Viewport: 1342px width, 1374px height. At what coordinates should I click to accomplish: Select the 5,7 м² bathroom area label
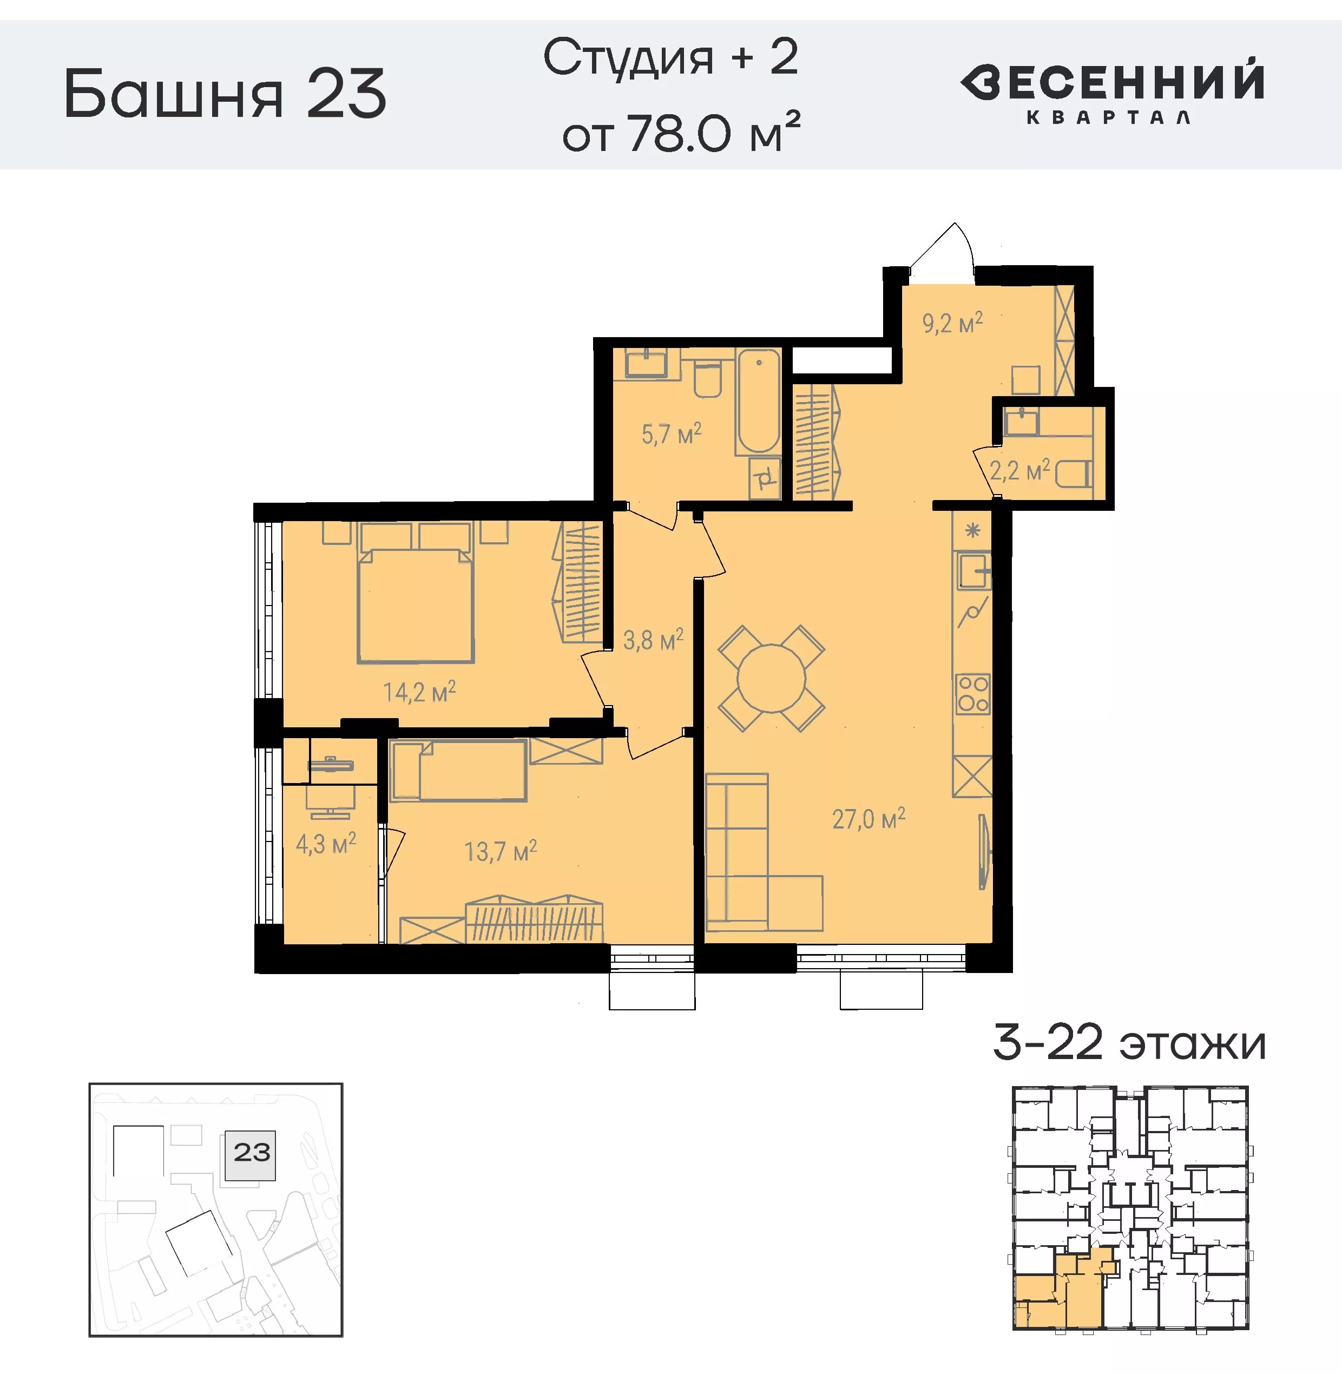pyautogui.click(x=670, y=433)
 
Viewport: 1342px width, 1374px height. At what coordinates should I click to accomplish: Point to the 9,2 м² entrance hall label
pyautogui.click(x=951, y=324)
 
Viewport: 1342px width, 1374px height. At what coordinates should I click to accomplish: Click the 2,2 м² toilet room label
pyautogui.click(x=1018, y=470)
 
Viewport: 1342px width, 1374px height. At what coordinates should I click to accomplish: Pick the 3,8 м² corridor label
pyautogui.click(x=653, y=640)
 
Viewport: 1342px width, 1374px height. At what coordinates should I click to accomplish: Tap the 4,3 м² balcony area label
pyautogui.click(x=326, y=844)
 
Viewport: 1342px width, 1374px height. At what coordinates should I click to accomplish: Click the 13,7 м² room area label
pyautogui.click(x=499, y=852)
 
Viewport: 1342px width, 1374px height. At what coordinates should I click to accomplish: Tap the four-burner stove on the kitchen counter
pyautogui.click(x=972, y=694)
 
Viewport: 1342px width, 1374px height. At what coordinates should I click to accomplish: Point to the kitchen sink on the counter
pyautogui.click(x=972, y=570)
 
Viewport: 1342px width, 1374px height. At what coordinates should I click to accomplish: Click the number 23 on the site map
pyautogui.click(x=252, y=1153)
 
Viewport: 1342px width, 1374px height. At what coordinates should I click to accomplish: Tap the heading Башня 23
pyautogui.click(x=226, y=94)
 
